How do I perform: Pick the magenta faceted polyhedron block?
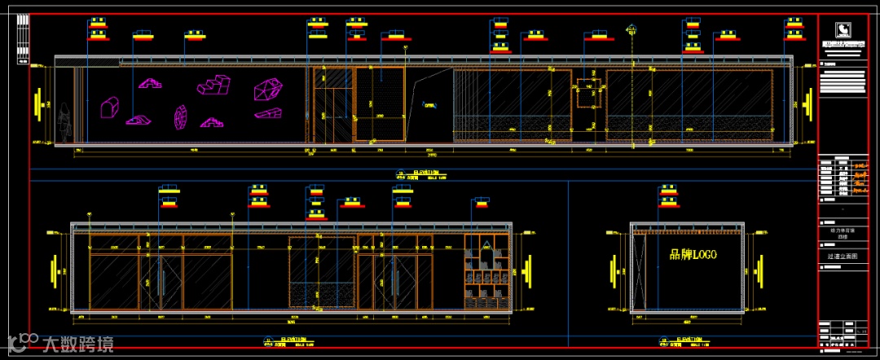tap(266, 89)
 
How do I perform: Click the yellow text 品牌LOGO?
tap(692, 255)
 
